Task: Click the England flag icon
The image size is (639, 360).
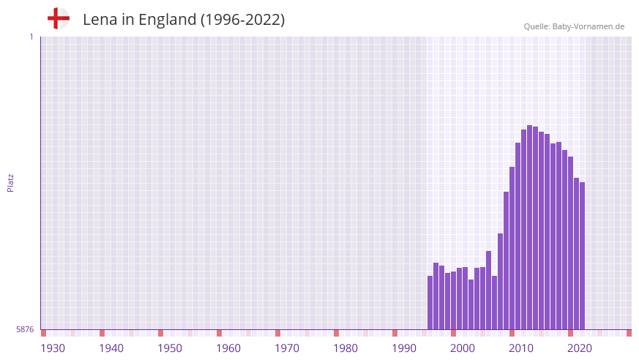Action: point(58,19)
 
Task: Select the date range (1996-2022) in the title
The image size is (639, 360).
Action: point(242,20)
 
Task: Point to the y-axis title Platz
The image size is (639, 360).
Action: point(10,183)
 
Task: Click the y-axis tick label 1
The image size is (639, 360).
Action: point(31,37)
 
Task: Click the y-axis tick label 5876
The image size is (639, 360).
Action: point(25,330)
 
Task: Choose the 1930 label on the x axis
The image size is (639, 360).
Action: point(53,348)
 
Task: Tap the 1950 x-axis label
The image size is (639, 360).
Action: point(170,348)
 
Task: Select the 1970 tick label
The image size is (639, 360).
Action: point(287,348)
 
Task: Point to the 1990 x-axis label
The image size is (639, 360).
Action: point(404,348)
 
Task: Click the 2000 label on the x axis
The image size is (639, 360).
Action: point(463,348)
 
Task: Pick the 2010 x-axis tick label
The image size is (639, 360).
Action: point(521,348)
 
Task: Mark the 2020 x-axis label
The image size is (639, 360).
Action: point(580,348)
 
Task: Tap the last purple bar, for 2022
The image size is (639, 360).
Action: point(582,255)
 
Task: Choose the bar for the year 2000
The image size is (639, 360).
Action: point(454,300)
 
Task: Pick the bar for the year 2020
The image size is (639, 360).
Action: point(570,242)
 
